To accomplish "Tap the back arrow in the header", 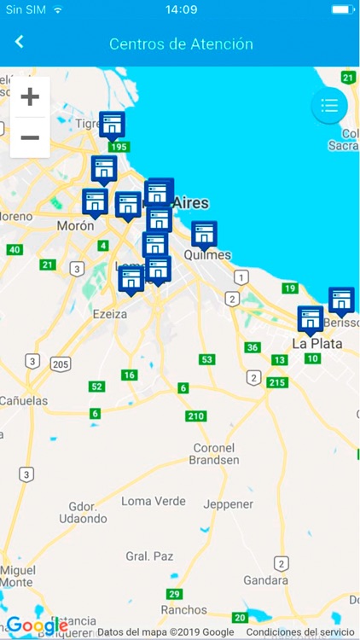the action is coord(20,43).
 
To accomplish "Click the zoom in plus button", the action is coord(30,96).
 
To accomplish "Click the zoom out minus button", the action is coord(30,137).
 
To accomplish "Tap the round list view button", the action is coord(329,106).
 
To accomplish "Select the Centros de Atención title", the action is coord(181,44).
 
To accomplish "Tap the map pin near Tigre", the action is coord(112,125).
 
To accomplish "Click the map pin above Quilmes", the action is coord(204,233).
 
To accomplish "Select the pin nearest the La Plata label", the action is coord(311,318).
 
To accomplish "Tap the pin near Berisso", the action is coord(341,300).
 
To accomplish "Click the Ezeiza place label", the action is coord(110,314).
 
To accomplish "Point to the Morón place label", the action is coord(75,226).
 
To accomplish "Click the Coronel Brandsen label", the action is coord(214,454).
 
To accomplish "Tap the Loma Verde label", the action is coord(154,501).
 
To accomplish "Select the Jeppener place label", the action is coord(229,504).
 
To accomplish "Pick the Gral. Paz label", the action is coord(149,556).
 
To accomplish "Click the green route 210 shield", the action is coord(195,416).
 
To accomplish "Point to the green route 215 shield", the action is coord(276,382).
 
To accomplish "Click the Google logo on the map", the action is coord(37,625).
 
